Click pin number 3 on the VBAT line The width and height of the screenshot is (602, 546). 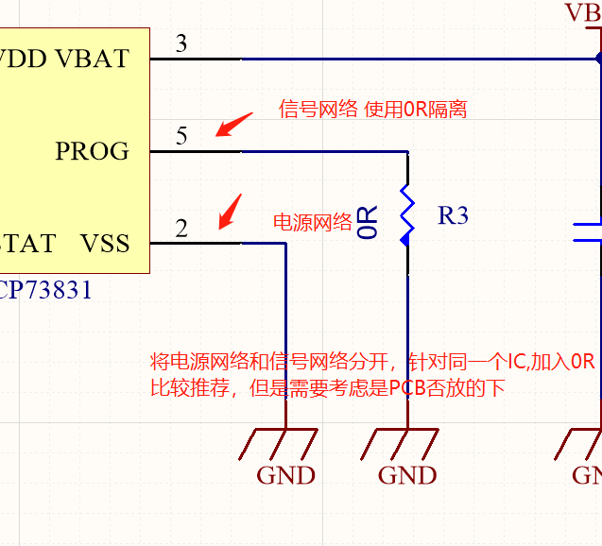tap(181, 43)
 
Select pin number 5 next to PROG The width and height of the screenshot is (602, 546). tap(181, 136)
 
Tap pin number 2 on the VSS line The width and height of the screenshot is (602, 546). tap(181, 229)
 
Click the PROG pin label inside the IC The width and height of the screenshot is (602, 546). tap(92, 151)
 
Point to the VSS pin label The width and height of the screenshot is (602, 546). tap(104, 244)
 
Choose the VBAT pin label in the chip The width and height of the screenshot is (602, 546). tap(92, 59)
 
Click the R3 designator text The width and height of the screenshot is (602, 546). tap(453, 215)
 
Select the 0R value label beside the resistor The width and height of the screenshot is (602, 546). tap(369, 221)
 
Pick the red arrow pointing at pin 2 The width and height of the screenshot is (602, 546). tap(230, 211)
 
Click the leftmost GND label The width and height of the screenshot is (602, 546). tap(286, 475)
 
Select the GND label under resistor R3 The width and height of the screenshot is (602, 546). tap(407, 475)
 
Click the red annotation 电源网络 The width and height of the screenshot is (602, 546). tap(312, 223)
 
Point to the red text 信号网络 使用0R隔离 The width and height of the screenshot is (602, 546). tap(372, 110)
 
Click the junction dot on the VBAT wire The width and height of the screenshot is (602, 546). tap(599, 59)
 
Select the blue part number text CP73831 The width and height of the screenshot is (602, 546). tap(46, 290)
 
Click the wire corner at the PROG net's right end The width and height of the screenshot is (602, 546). tap(407, 151)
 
